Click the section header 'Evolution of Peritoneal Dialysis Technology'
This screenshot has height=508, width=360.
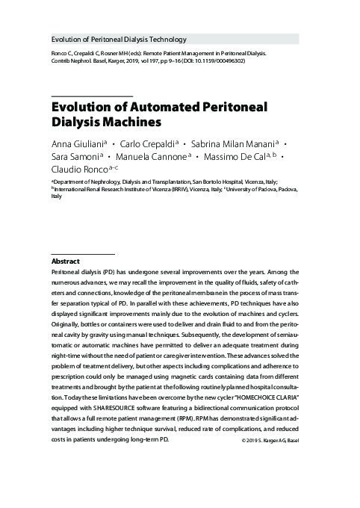tap(118, 39)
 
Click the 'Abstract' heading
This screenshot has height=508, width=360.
tap(66, 262)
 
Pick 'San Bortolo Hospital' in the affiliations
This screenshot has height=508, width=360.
tap(220, 182)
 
